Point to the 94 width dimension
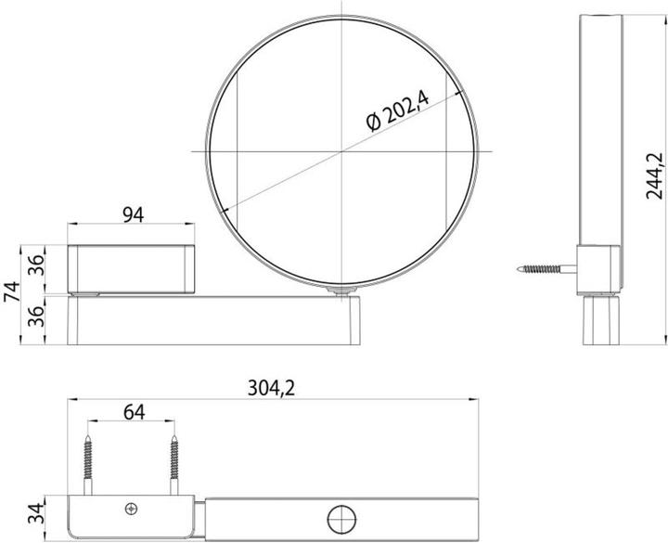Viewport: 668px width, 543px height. tap(133, 216)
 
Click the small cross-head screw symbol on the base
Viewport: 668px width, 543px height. tap(130, 507)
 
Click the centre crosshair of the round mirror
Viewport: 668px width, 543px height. tap(342, 150)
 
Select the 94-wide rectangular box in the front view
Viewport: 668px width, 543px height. tap(133, 265)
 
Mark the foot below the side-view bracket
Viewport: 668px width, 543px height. tap(599, 318)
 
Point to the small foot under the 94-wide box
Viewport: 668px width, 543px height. tap(89, 292)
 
